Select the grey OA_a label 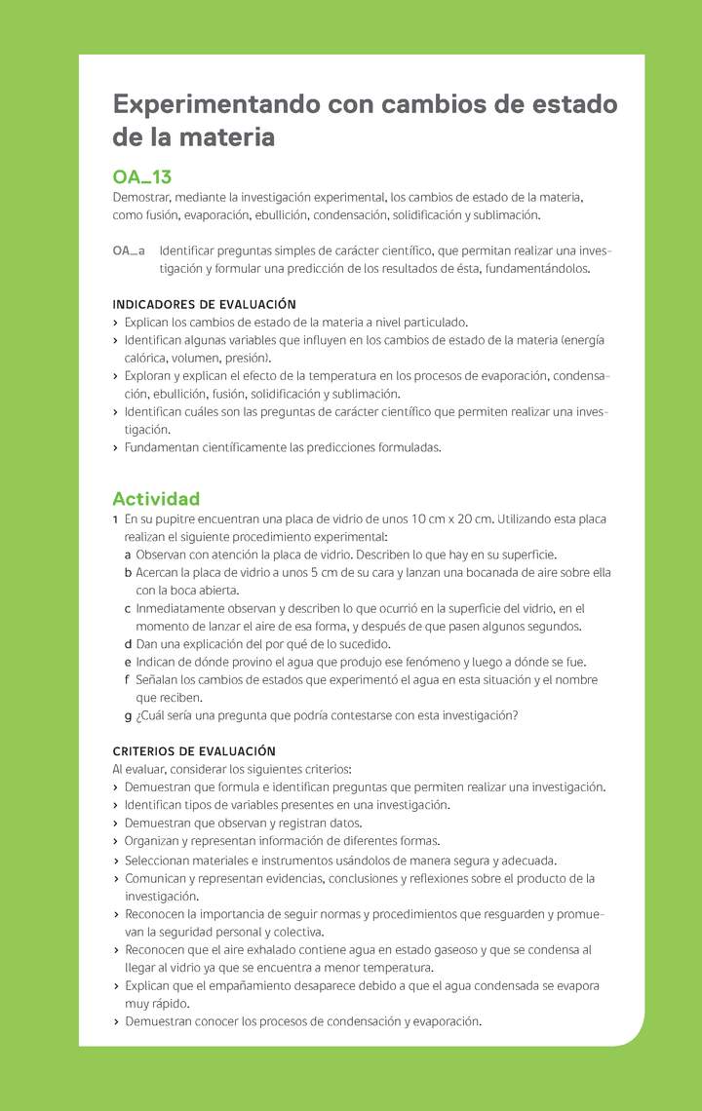pyautogui.click(x=130, y=250)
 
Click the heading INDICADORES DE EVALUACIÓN pyautogui.click(x=205, y=304)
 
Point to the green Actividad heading pyautogui.click(x=156, y=499)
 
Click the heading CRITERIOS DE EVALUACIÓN pyautogui.click(x=194, y=751)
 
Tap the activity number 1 pyautogui.click(x=116, y=519)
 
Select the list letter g pyautogui.click(x=129, y=716)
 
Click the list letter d pyautogui.click(x=129, y=644)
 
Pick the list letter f pyautogui.click(x=128, y=680)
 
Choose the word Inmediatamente pyautogui.click(x=182, y=609)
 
